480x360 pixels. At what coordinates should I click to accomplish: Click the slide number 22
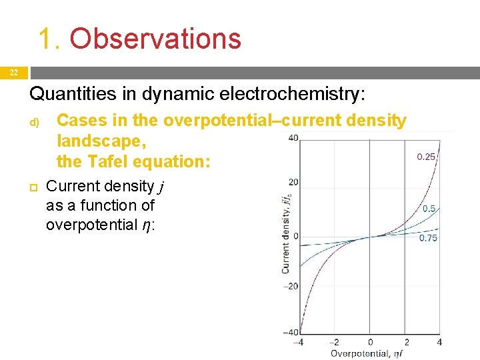[x=13, y=73]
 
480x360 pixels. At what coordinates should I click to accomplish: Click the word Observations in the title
[x=155, y=39]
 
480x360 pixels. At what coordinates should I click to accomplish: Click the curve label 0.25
[x=426, y=157]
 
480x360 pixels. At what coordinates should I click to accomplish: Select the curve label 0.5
[x=429, y=209]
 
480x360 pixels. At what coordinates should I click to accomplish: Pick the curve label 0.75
[x=428, y=238]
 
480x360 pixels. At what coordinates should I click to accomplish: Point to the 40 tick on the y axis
[x=293, y=139]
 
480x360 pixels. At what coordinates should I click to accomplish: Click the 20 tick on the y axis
[x=293, y=182]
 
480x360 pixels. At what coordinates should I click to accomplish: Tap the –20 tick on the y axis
[x=291, y=286]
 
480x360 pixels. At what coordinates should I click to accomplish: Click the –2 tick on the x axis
[x=334, y=342]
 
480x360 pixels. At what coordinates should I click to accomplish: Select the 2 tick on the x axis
[x=405, y=342]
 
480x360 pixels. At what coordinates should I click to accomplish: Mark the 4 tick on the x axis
[x=439, y=342]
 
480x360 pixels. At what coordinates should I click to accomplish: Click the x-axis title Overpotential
[x=361, y=353]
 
